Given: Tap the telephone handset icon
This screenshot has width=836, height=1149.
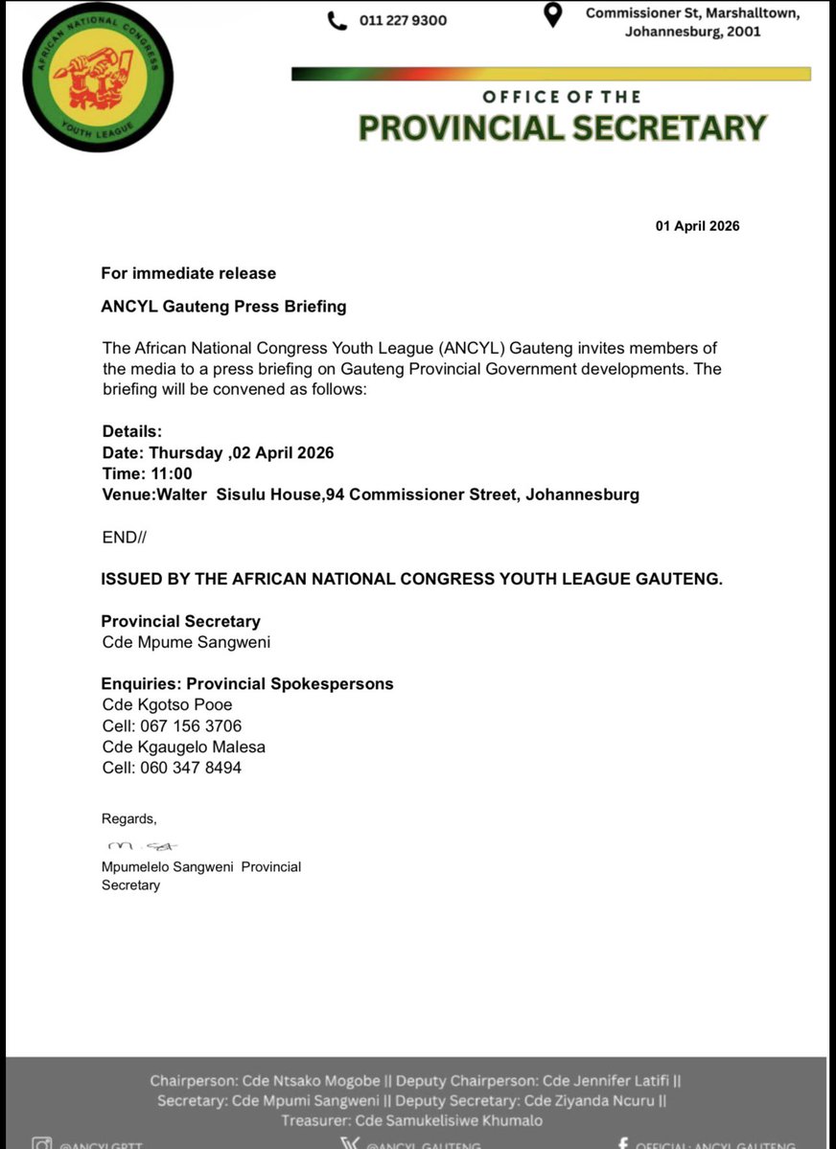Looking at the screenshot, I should tap(337, 20).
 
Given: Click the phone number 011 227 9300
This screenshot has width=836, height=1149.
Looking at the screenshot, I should tap(403, 20).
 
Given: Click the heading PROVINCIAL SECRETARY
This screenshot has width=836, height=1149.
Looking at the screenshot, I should tap(562, 127).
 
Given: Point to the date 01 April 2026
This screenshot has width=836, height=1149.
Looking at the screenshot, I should tap(697, 226).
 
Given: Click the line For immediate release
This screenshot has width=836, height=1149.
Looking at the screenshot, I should tap(189, 273).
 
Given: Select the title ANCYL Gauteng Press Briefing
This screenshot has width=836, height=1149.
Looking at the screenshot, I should tap(223, 307).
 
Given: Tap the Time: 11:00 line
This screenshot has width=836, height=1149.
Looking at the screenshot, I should tap(148, 473).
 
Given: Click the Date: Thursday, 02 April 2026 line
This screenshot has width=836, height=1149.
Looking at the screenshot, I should tap(218, 452).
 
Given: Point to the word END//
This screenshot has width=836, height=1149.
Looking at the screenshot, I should tap(125, 537).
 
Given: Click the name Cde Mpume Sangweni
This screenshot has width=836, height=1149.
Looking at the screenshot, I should tap(186, 642).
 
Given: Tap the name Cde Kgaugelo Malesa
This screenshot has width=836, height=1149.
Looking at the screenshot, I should tap(184, 747).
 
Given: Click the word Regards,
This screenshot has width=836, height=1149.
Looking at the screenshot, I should tap(128, 818).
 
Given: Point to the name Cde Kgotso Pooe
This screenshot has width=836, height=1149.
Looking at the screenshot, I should tap(167, 704).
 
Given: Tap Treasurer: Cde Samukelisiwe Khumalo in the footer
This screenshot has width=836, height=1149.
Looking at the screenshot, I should tap(412, 1120).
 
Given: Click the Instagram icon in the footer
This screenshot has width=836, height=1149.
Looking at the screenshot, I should tap(41, 1142).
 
